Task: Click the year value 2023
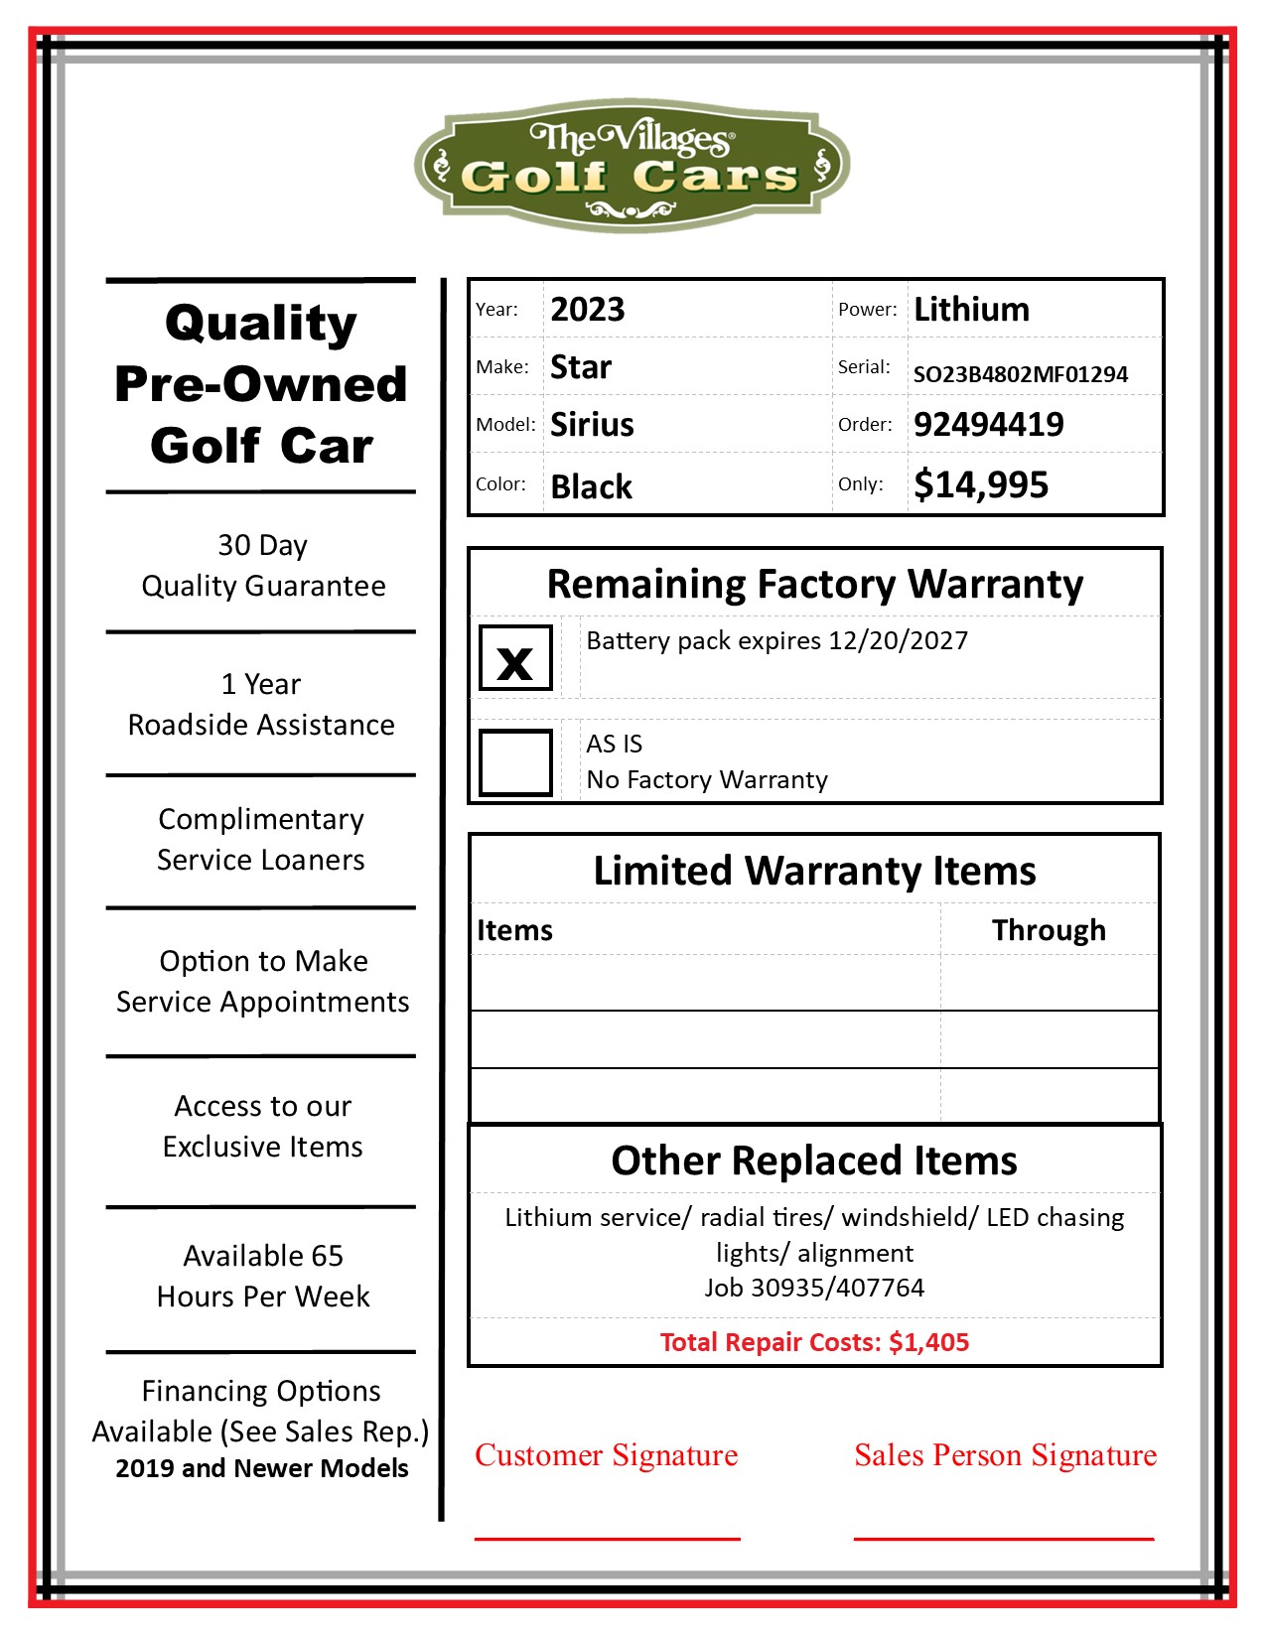(x=588, y=310)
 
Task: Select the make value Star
(x=581, y=367)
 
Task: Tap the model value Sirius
(x=592, y=425)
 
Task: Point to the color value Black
(x=591, y=486)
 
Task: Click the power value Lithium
(x=971, y=310)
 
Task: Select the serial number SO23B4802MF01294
(x=1020, y=374)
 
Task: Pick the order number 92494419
(x=988, y=425)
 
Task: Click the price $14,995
(x=981, y=484)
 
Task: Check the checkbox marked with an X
(x=515, y=658)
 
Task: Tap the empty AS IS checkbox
(x=515, y=762)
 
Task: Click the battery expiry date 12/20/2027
(x=898, y=640)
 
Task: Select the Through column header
(x=1049, y=930)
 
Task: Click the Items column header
(x=514, y=930)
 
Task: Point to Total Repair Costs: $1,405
(x=814, y=1342)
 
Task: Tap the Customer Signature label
(x=606, y=1455)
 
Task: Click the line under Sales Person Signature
(x=1004, y=1539)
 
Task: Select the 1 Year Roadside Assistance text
(x=261, y=705)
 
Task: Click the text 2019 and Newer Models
(x=261, y=1468)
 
